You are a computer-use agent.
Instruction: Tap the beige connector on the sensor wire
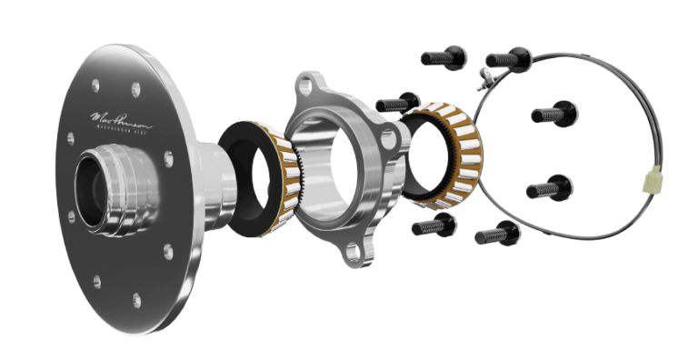tap(650, 185)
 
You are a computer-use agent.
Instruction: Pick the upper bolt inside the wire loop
tap(553, 114)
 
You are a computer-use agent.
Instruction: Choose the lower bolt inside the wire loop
tap(549, 189)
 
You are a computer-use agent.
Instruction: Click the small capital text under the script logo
tap(122, 132)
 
